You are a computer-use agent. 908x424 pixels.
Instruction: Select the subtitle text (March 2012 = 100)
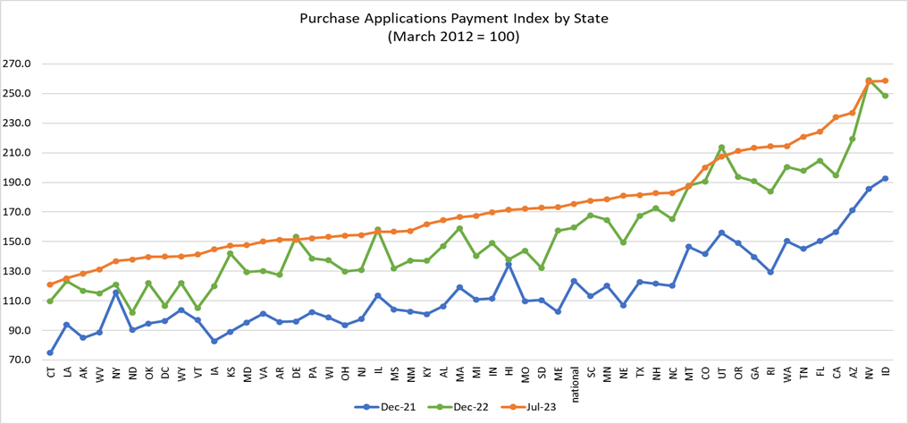pos(453,38)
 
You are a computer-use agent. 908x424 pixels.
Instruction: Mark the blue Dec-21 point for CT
pos(50,352)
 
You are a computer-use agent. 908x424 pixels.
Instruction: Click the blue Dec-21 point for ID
pos(885,178)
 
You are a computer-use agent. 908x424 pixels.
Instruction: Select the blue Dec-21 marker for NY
pos(116,293)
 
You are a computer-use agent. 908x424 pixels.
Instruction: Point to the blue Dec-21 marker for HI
pos(509,265)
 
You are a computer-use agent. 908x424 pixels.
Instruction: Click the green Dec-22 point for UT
pos(721,148)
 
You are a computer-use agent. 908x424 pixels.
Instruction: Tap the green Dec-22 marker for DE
pos(296,237)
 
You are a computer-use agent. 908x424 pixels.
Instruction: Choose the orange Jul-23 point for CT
pos(50,284)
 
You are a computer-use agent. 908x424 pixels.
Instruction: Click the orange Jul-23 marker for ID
pos(885,81)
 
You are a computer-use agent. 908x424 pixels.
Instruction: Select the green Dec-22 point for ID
pos(885,96)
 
